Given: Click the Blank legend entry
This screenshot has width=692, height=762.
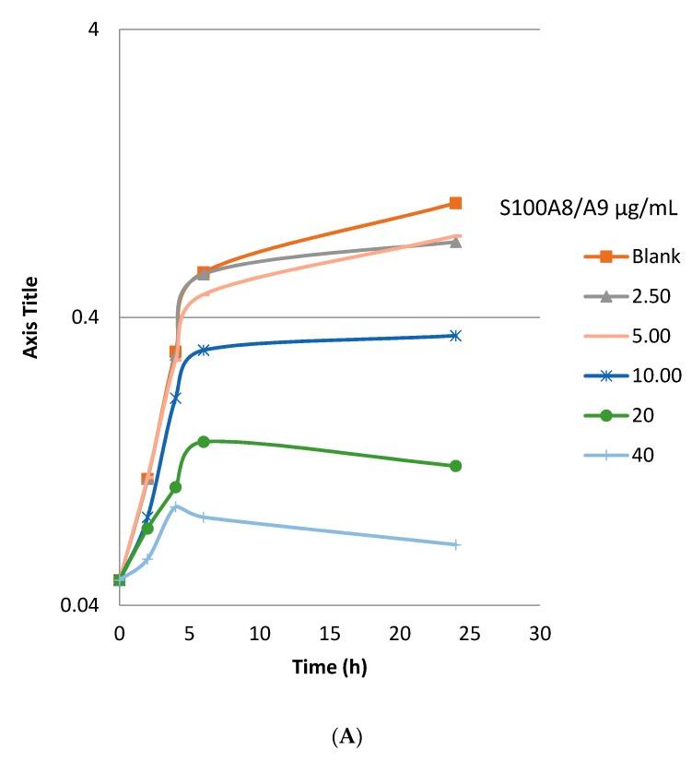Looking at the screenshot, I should point(632,256).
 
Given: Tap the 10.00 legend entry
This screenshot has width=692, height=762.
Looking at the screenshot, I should point(631,375).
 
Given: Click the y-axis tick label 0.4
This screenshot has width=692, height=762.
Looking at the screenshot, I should point(89,317).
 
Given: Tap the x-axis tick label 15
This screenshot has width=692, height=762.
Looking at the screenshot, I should point(329,633).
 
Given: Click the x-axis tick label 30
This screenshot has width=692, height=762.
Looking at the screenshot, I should point(539,633).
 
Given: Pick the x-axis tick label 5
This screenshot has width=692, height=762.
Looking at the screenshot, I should point(189,633).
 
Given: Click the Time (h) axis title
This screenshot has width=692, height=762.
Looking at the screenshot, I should point(329,667).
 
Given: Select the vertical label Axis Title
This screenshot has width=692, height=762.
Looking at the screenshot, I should point(30,317).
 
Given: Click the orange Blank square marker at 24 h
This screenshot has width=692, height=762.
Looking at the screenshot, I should point(455,203).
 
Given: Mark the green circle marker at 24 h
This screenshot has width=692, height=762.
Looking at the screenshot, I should point(455,466).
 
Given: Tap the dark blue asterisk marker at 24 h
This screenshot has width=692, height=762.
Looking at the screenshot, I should point(455,336).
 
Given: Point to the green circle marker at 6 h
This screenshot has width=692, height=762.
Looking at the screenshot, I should point(204,442).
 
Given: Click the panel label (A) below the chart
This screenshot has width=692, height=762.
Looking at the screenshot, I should point(346,737).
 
